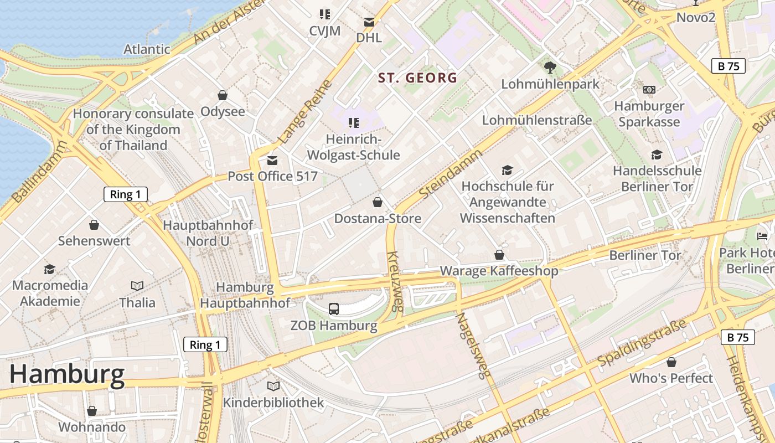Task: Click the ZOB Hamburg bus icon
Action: pyautogui.click(x=334, y=309)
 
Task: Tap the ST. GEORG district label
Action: pyautogui.click(x=418, y=78)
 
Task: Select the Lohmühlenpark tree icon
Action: pyautogui.click(x=550, y=68)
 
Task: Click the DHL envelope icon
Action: pyautogui.click(x=369, y=22)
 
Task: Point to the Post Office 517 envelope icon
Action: pyautogui.click(x=272, y=161)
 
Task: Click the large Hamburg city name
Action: pyautogui.click(x=67, y=375)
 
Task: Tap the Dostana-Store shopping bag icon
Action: pyautogui.click(x=378, y=202)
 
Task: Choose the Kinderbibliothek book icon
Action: pyautogui.click(x=273, y=386)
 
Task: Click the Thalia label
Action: pyautogui.click(x=137, y=302)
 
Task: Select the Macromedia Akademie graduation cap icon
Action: pyautogui.click(x=50, y=269)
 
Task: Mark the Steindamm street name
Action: pyautogui.click(x=451, y=174)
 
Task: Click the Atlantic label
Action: pyautogui.click(x=147, y=49)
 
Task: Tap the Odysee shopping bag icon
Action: pyautogui.click(x=223, y=95)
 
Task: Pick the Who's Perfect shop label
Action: pyautogui.click(x=671, y=378)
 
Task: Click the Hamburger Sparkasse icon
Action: pyautogui.click(x=649, y=89)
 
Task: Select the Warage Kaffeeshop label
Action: pyautogui.click(x=499, y=271)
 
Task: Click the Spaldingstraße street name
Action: pyautogui.click(x=642, y=343)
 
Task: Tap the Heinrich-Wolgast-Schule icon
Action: pyautogui.click(x=353, y=122)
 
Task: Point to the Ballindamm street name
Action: pyautogui.click(x=39, y=172)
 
